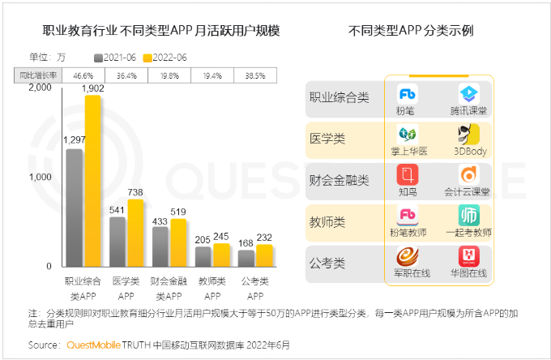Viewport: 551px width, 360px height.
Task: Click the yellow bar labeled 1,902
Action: (x=92, y=182)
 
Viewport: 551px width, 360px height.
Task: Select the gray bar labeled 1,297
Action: (x=75, y=208)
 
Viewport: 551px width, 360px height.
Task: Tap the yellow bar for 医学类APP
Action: (x=136, y=234)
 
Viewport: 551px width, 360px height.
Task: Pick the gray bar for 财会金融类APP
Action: (x=160, y=247)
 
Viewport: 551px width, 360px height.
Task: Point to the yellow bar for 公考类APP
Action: (x=264, y=256)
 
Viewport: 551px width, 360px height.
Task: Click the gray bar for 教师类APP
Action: (x=203, y=257)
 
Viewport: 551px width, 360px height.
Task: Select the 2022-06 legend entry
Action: (x=166, y=58)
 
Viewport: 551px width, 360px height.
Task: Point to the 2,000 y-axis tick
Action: (x=39, y=88)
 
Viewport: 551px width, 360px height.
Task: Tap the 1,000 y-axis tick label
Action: (x=39, y=177)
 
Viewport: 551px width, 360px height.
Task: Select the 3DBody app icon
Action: (x=469, y=134)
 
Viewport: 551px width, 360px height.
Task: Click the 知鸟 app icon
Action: (x=407, y=174)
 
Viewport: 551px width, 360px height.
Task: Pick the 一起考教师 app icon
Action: (x=469, y=216)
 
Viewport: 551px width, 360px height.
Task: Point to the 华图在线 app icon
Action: (x=469, y=256)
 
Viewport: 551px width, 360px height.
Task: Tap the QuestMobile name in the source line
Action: (x=92, y=345)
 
